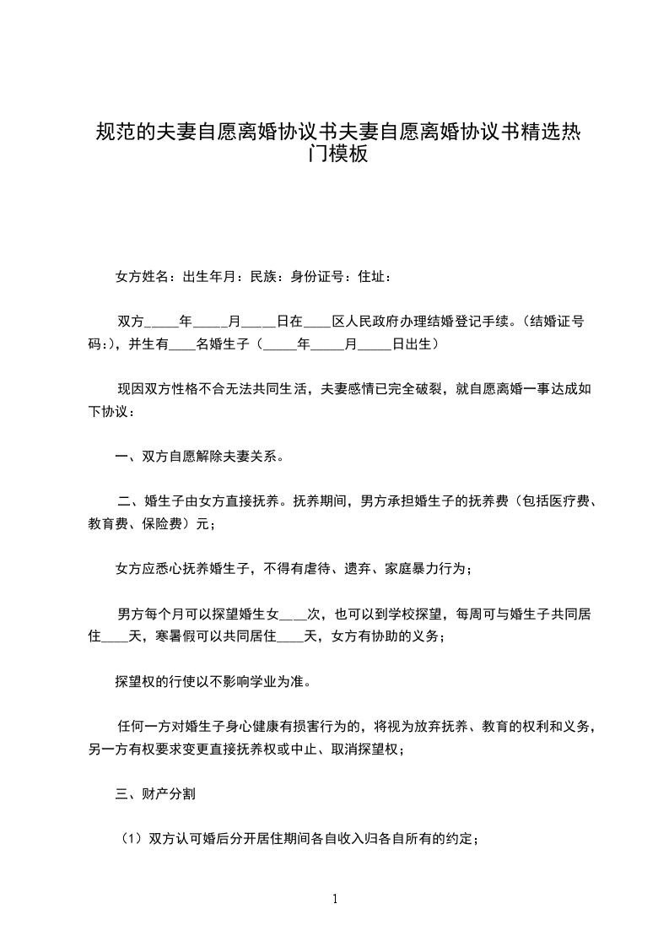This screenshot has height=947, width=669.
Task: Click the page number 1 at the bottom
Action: pos(335,899)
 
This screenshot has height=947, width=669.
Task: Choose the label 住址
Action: pos(371,276)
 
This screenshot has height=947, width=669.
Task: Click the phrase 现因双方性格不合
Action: pos(173,390)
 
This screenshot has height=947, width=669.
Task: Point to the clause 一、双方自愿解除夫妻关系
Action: pos(199,458)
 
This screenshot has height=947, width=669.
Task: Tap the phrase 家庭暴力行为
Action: pos(427,569)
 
